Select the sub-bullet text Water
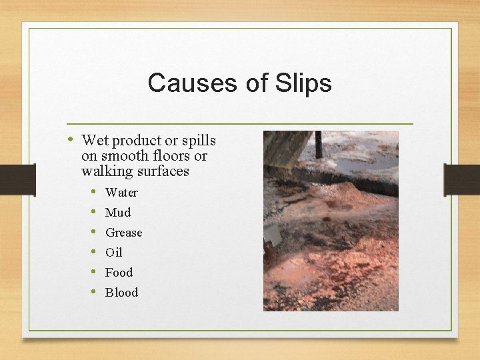click(x=121, y=193)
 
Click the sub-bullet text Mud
click(x=118, y=213)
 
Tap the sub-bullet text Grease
click(x=124, y=233)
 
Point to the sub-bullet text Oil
click(x=114, y=253)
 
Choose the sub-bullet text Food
click(x=119, y=273)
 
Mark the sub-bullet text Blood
click(x=121, y=293)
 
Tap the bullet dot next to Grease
click(x=95, y=232)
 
